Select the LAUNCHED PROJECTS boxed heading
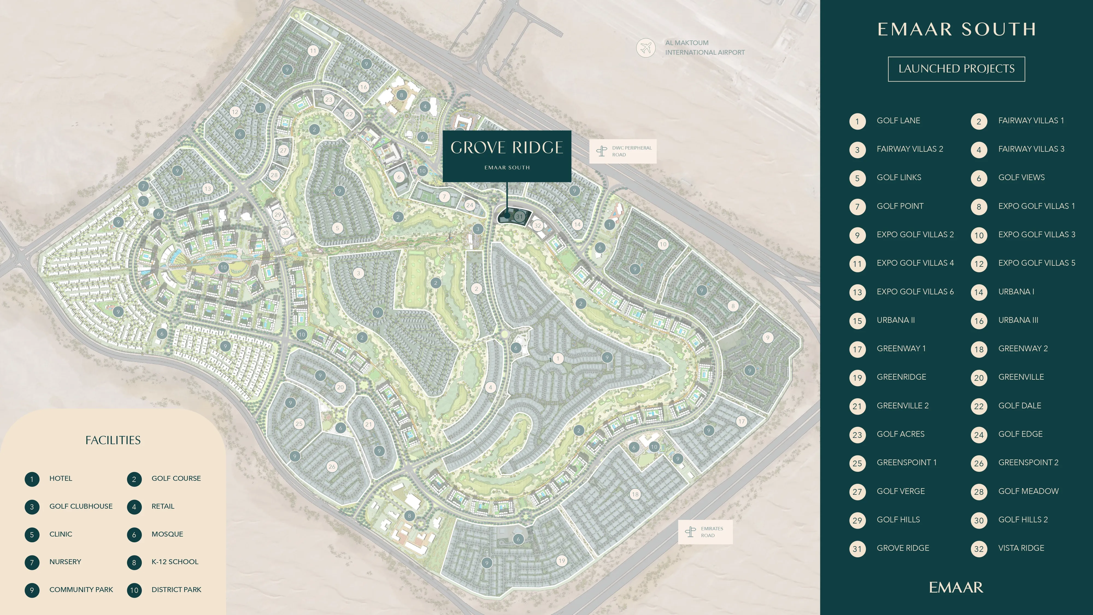tap(956, 69)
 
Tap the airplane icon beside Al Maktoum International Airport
tap(646, 48)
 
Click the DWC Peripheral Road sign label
tap(623, 151)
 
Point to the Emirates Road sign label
tap(705, 532)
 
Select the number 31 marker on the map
tap(519, 216)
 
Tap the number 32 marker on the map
tap(537, 225)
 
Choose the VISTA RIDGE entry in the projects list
tap(1021, 548)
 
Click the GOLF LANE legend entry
tap(898, 121)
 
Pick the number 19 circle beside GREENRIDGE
tap(857, 378)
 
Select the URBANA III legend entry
tap(1018, 320)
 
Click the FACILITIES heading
tap(113, 440)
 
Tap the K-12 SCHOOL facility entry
tap(174, 561)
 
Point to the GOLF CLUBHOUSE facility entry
tap(81, 506)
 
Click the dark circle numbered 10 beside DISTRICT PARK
tap(134, 590)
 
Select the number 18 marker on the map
tap(635, 494)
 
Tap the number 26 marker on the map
tap(332, 467)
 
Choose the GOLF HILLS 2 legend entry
tap(1023, 520)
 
